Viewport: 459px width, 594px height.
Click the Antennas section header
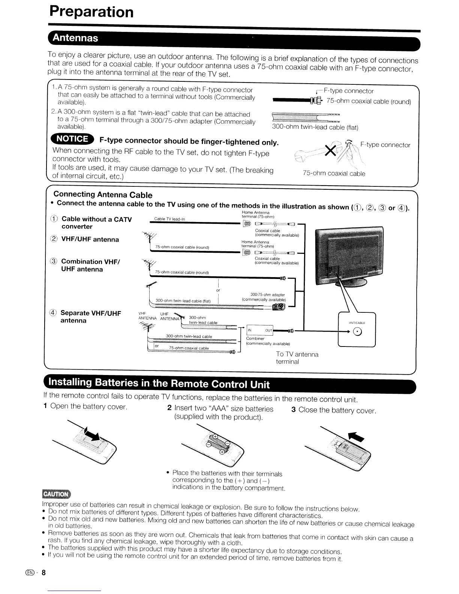[x=76, y=38]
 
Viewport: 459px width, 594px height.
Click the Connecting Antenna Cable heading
[x=103, y=195]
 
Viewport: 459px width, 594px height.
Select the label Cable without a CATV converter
[x=96, y=223]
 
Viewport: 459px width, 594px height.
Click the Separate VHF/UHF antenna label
[x=90, y=316]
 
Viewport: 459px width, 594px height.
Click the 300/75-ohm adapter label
[x=264, y=297]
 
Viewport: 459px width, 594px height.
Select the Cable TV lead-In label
[x=169, y=219]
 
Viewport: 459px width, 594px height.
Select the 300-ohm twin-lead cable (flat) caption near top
[x=315, y=127]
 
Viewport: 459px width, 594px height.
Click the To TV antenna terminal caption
[x=297, y=358]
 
